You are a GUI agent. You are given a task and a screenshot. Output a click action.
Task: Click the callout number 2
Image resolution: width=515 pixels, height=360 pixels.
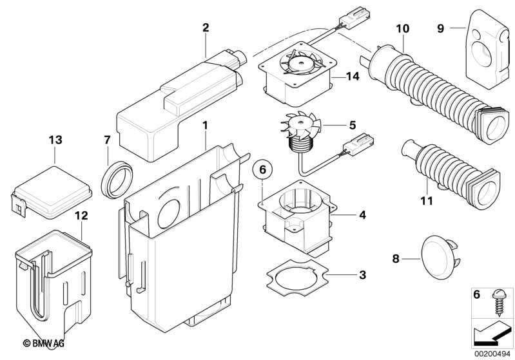[x=206, y=28]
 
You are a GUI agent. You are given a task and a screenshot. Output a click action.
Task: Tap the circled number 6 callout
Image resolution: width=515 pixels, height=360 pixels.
[x=262, y=170]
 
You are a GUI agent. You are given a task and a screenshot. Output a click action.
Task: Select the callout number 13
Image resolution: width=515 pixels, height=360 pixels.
[x=55, y=140]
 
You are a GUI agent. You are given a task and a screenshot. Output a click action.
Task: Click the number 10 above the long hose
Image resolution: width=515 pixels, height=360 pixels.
[x=402, y=28]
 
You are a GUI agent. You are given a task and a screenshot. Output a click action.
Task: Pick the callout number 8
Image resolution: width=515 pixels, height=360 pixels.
[x=396, y=258]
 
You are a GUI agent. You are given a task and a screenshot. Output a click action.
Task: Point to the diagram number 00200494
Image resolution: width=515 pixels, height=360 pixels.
[x=489, y=352]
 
